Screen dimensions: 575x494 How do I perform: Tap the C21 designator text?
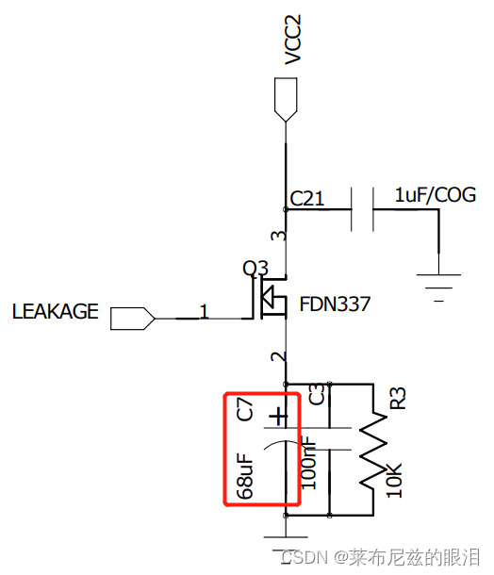coord(308,198)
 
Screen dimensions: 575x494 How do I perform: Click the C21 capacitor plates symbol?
coord(362,209)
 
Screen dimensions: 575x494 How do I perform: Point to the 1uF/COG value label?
coord(435,195)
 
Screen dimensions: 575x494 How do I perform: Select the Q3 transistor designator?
coord(255,269)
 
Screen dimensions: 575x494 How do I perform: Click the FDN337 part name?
coord(336,304)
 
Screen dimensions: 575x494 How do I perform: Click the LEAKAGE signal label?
coord(55,311)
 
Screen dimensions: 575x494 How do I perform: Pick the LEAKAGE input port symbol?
coord(133,318)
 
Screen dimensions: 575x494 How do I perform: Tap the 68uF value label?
coord(244,475)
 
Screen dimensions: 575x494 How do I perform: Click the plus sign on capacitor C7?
coord(277,415)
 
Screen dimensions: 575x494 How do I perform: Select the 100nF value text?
coord(308,462)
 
